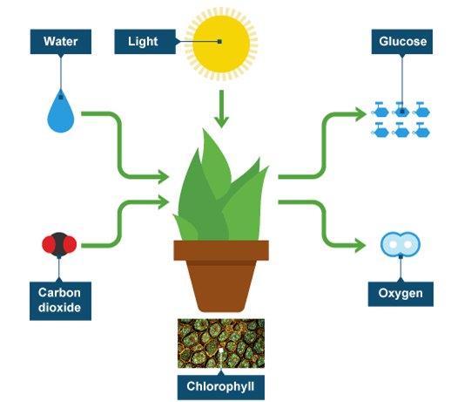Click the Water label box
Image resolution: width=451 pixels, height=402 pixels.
[61, 42]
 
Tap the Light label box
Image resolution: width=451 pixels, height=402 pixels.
[145, 42]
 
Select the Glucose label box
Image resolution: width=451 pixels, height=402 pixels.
[402, 42]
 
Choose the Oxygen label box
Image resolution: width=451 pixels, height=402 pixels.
[401, 294]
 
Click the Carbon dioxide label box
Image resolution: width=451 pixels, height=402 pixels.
[60, 301]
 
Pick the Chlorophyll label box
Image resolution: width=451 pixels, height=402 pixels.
[221, 387]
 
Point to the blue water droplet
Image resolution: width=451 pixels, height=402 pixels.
[61, 111]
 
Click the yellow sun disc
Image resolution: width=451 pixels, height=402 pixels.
[221, 44]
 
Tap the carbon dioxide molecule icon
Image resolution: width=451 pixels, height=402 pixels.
[59, 244]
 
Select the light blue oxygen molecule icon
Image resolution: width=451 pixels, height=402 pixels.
[401, 244]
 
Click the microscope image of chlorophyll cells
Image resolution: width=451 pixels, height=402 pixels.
[221, 344]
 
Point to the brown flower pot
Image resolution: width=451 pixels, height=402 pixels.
[221, 276]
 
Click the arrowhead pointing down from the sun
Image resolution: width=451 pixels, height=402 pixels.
[221, 122]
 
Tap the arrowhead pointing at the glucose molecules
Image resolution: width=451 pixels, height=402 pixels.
[361, 113]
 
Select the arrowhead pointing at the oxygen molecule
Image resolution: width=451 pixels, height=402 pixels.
[360, 246]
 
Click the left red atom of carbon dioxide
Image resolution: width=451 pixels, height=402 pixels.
[48, 244]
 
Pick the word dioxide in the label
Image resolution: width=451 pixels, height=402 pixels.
[59, 308]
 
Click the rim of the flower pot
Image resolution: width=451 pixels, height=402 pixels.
[221, 250]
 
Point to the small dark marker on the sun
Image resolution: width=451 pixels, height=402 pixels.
[219, 42]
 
